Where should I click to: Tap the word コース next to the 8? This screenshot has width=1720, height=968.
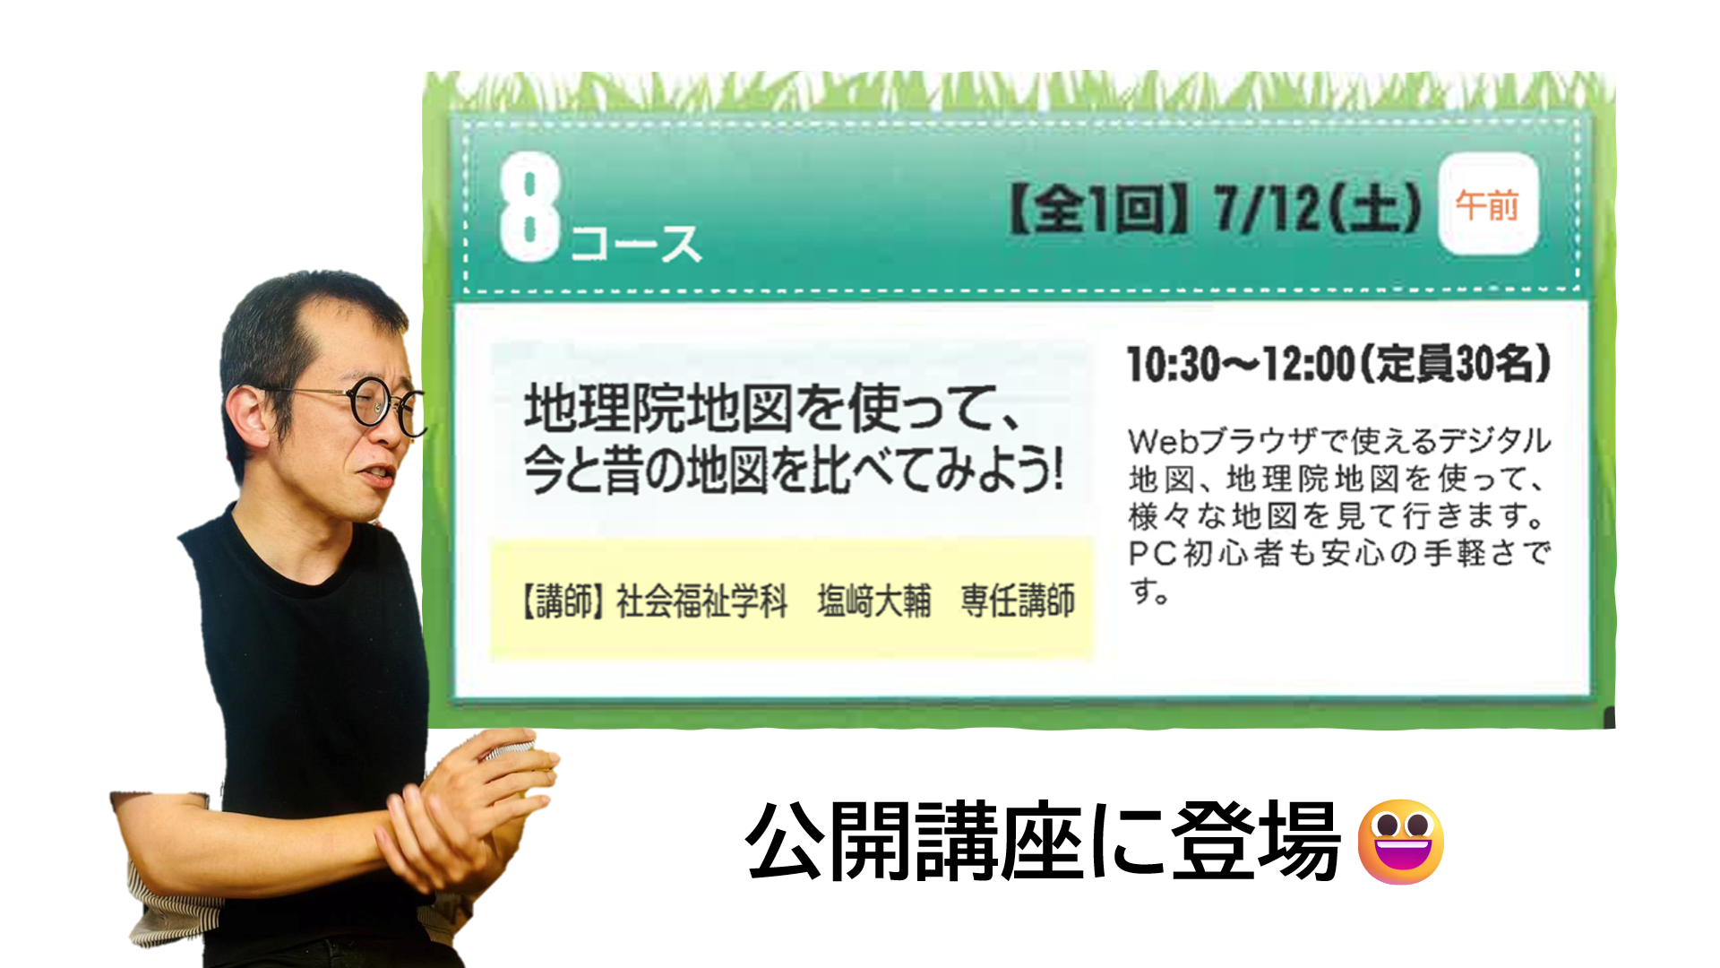click(635, 244)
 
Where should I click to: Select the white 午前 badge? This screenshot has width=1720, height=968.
click(1488, 204)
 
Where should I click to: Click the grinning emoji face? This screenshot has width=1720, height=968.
click(1400, 841)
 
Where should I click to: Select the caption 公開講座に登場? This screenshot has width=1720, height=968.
click(1043, 841)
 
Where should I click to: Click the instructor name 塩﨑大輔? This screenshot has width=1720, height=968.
click(873, 601)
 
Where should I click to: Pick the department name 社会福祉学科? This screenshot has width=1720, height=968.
click(701, 601)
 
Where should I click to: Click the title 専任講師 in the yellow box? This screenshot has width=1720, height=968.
click(1018, 601)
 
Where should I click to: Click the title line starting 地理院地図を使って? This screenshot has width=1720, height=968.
click(772, 408)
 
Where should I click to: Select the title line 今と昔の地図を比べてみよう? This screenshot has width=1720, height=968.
click(794, 469)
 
